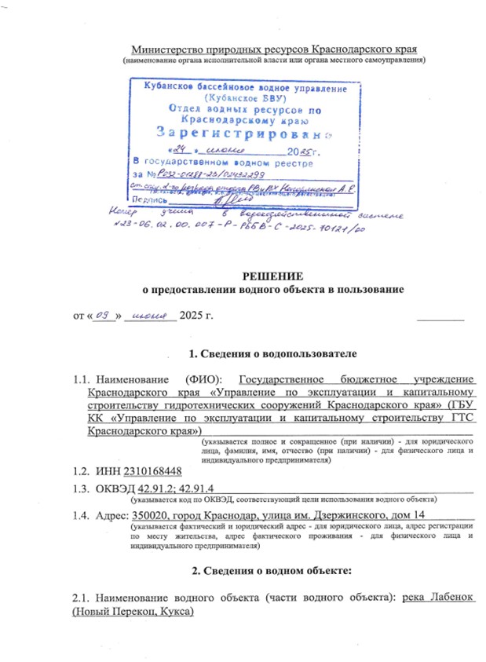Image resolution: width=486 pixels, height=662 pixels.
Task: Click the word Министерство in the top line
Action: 162,49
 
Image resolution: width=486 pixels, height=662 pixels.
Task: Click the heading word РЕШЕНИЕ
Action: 267,275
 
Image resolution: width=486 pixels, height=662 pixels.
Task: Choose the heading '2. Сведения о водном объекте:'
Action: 268,568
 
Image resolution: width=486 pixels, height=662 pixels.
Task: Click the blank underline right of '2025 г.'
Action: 439,318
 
